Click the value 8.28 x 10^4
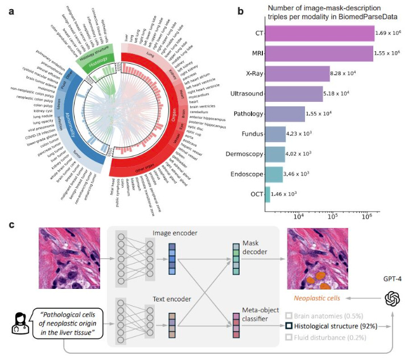[348, 74]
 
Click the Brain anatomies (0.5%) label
[327, 315]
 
